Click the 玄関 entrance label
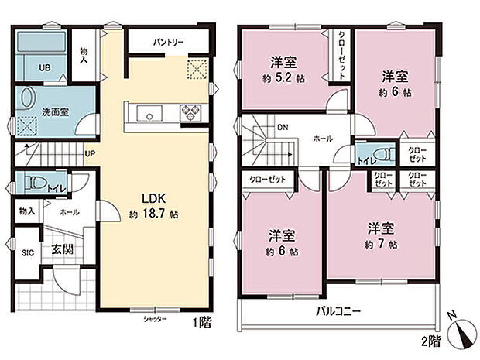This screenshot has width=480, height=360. pyautogui.click(x=63, y=249)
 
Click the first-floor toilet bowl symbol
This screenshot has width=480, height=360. pyautogui.click(x=31, y=184)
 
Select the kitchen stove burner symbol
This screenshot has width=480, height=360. pyautogui.click(x=190, y=114)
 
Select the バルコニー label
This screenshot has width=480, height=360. pyautogui.click(x=338, y=311)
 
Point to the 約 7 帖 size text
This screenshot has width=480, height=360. pyautogui.click(x=382, y=245)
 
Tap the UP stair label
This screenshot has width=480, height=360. pyautogui.click(x=91, y=153)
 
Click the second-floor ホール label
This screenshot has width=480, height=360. pyautogui.click(x=323, y=138)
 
